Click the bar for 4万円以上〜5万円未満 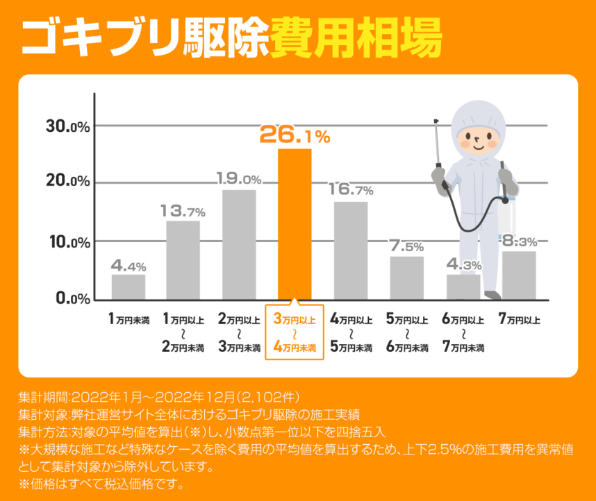pyautogui.click(x=351, y=250)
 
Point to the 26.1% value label pyautogui.click(x=295, y=135)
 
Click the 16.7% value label pyautogui.click(x=351, y=189)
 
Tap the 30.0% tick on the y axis pyautogui.click(x=68, y=126)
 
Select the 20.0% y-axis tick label pyautogui.click(x=68, y=182)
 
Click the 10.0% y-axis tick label pyautogui.click(x=68, y=241)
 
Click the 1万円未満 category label pyautogui.click(x=129, y=320)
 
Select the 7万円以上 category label pyautogui.click(x=519, y=320)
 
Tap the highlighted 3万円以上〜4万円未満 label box pyautogui.click(x=295, y=334)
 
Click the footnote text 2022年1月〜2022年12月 pyautogui.click(x=152, y=398)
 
